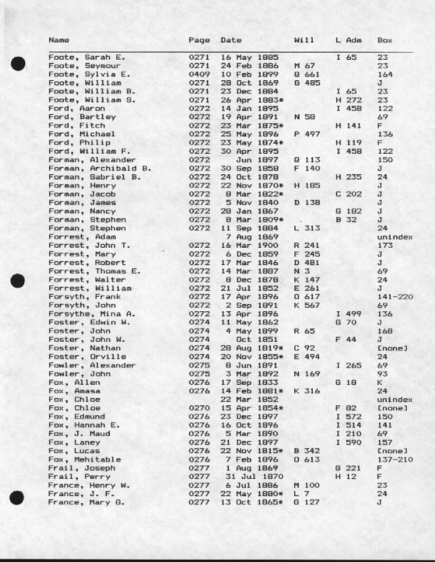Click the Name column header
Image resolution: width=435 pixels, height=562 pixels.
coord(59,40)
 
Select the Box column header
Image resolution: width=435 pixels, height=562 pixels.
coord(385,40)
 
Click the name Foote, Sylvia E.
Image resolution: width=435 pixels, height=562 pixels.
coord(84,74)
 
